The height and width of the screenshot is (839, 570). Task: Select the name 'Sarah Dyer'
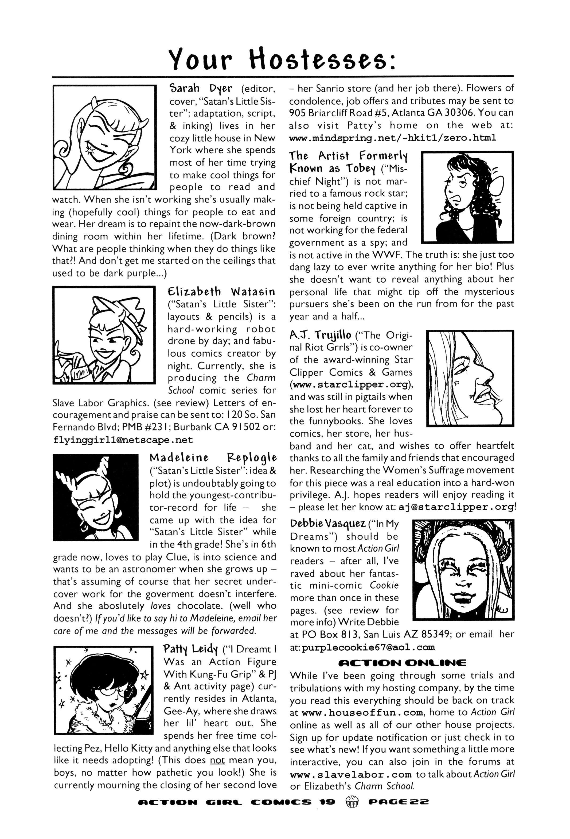[x=201, y=88]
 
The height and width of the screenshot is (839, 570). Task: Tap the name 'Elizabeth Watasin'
[x=221, y=291]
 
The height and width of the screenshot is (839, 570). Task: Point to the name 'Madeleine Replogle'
[x=213, y=458]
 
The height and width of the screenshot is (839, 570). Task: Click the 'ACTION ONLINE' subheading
[x=402, y=663]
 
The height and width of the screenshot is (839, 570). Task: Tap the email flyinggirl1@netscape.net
[x=123, y=440]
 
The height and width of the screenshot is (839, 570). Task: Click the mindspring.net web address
[x=393, y=138]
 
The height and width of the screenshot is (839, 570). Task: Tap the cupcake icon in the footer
[x=352, y=799]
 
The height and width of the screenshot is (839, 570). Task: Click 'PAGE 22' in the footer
[x=399, y=800]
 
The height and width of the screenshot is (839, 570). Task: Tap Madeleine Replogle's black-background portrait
[x=96, y=497]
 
